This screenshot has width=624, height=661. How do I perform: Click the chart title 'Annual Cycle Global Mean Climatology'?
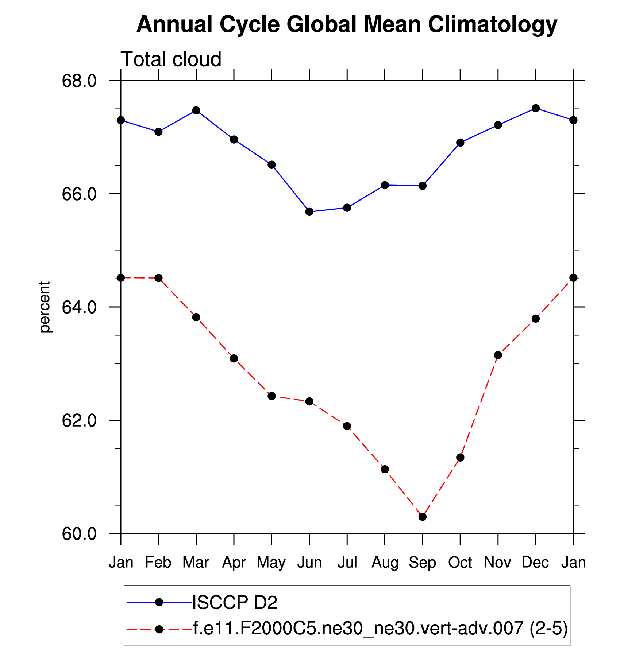click(347, 25)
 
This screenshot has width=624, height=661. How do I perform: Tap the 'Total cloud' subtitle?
click(171, 59)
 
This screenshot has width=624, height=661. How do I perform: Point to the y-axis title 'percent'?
click(45, 307)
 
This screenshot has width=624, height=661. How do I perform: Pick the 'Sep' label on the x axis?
click(422, 563)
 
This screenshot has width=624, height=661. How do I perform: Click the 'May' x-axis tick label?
click(271, 563)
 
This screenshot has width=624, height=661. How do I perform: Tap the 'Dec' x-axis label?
click(535, 563)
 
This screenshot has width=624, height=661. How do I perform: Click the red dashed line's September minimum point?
click(423, 517)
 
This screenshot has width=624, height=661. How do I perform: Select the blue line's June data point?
click(309, 212)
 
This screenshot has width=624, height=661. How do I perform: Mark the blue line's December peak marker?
click(536, 108)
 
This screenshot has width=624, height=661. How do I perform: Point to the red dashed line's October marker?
click(460, 458)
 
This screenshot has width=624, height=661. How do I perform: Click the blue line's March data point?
click(196, 110)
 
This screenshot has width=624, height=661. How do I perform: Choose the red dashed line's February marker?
click(158, 278)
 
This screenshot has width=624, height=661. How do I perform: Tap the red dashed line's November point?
click(498, 355)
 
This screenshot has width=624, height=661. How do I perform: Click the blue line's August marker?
click(385, 185)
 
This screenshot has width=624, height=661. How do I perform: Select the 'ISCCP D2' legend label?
click(235, 602)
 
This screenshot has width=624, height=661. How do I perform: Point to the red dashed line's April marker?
click(234, 358)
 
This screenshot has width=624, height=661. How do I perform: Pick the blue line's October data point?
click(460, 143)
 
